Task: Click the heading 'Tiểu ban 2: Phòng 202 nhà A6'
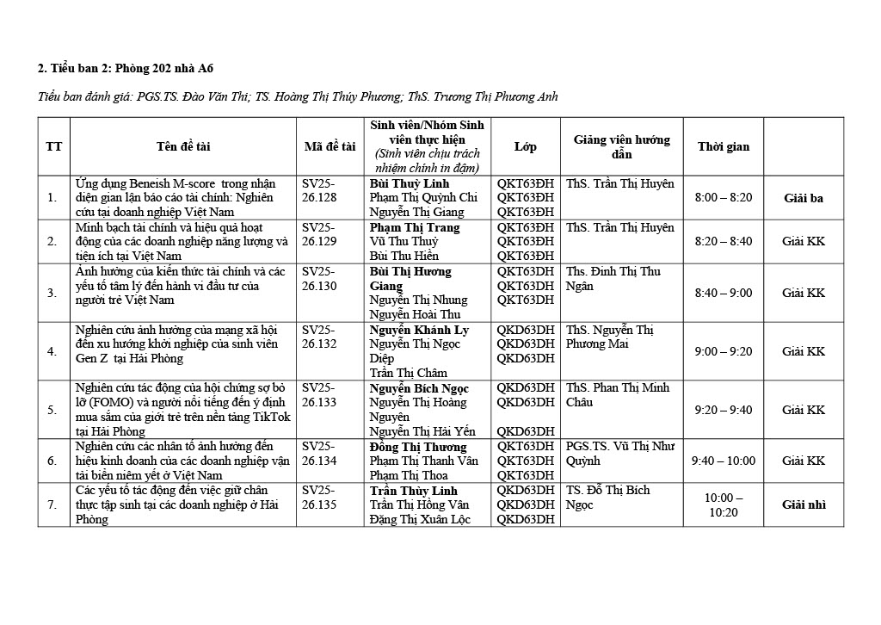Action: coord(132,68)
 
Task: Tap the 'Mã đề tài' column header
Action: coord(330,146)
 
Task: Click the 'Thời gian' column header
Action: coord(723,146)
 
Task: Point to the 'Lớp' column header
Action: coord(525,146)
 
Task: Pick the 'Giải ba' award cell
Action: coord(803,198)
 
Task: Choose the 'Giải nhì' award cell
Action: coord(803,504)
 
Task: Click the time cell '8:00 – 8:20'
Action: coord(723,198)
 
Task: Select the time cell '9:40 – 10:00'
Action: coord(723,461)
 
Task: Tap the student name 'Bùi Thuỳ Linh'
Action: coord(410,183)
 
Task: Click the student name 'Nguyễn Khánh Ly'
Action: coord(419,330)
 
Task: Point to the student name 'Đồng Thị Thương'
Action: coord(418,447)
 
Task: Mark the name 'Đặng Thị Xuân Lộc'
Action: coord(420,519)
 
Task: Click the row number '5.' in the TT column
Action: coord(52,410)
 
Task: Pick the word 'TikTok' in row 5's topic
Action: coord(268,417)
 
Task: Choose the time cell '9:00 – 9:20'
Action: coord(723,351)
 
